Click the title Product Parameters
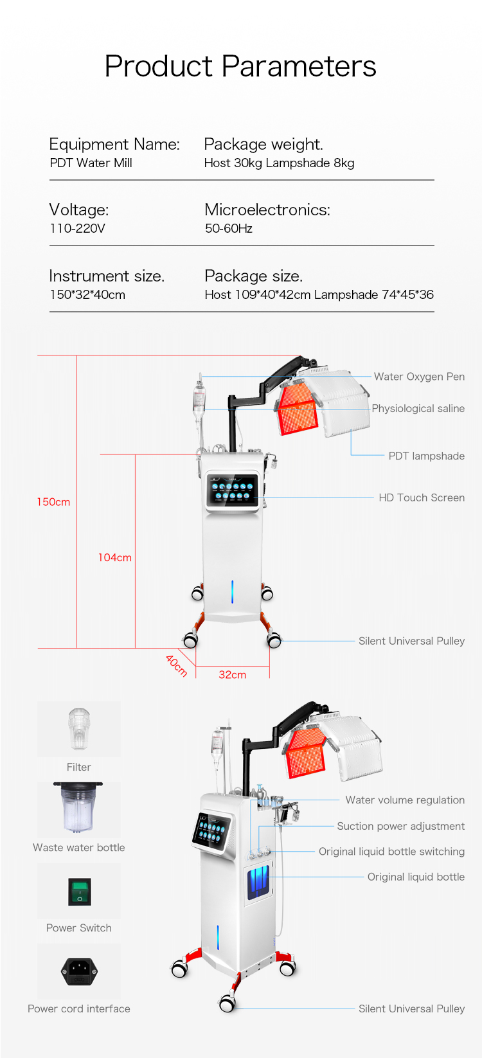coord(240,66)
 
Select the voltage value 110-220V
coord(77,228)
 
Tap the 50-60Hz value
coord(228,228)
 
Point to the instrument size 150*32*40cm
coord(87,294)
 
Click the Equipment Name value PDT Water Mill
coord(91,163)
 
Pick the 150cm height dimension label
coord(53,502)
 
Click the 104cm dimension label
coord(114,558)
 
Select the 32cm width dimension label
coord(232,675)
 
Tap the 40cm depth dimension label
coord(176,665)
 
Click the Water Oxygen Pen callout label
coord(419,377)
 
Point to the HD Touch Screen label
coord(421,498)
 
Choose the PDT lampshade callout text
coord(426,456)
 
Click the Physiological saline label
coord(418,408)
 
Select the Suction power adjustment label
coord(400,826)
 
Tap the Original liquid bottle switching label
coord(391,852)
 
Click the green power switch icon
coord(80,892)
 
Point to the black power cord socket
coord(79,971)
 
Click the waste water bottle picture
coord(78,808)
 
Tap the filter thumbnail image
coord(79,728)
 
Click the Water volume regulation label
coord(405,800)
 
